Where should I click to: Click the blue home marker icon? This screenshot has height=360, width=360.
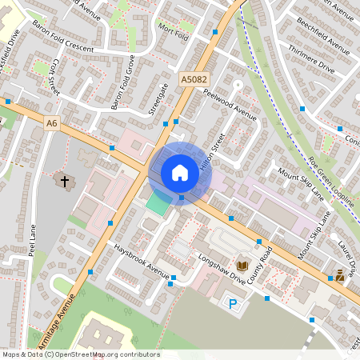tap(180, 173)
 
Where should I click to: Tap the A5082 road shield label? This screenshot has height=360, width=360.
tap(194, 80)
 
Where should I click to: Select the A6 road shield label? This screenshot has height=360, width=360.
tap(52, 123)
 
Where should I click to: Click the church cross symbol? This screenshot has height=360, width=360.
tap(63, 182)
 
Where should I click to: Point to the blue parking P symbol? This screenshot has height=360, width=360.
tap(233, 303)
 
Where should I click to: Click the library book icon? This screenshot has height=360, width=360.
tap(242, 264)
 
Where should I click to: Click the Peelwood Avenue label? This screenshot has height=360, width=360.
tap(230, 105)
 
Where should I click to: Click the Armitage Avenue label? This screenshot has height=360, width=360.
tap(56, 320)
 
